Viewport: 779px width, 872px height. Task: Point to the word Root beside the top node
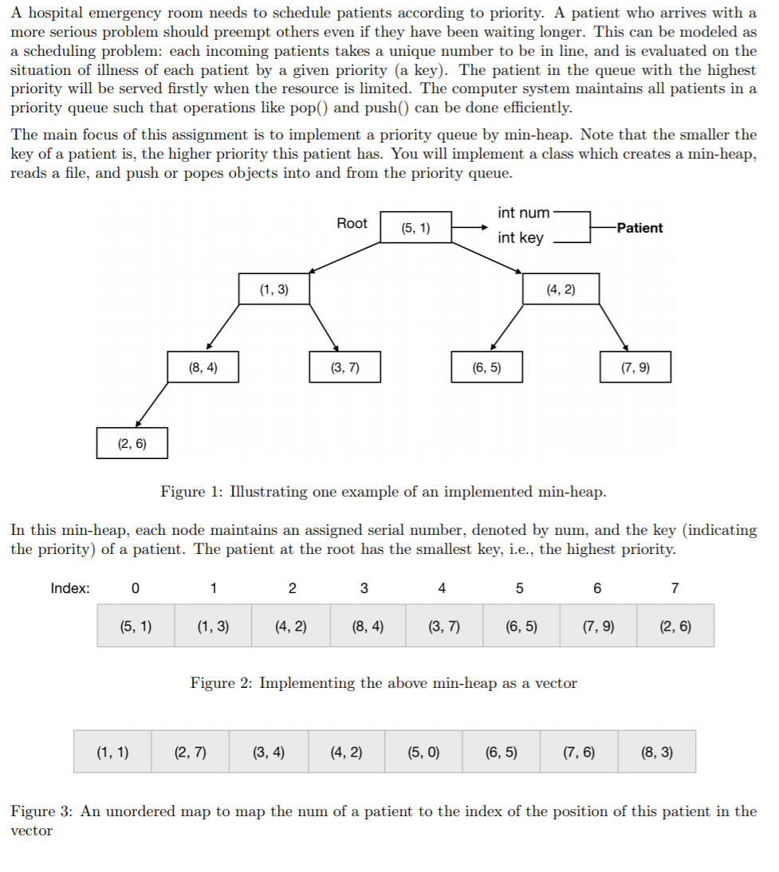(x=352, y=223)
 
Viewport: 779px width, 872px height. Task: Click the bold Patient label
(x=639, y=228)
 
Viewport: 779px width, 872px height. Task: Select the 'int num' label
(x=523, y=213)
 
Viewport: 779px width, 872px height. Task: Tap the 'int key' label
(x=520, y=238)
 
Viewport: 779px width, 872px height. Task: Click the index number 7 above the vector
(x=675, y=589)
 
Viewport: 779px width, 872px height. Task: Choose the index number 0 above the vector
(x=135, y=589)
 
